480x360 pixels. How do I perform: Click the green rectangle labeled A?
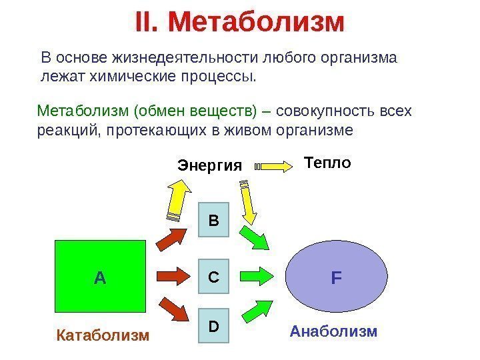(100, 276)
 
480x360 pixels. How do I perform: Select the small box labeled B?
(213, 219)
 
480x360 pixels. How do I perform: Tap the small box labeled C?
(213, 275)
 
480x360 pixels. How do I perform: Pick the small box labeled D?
(213, 327)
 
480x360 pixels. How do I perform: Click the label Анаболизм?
(333, 331)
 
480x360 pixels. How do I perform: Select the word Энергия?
(209, 165)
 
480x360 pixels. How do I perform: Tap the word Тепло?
(327, 162)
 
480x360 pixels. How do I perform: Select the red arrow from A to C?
(175, 275)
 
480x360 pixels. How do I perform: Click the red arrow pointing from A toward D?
(176, 310)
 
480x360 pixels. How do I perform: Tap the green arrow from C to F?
(255, 275)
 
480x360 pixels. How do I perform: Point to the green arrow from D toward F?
(255, 309)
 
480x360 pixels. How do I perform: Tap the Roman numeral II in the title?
(146, 22)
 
